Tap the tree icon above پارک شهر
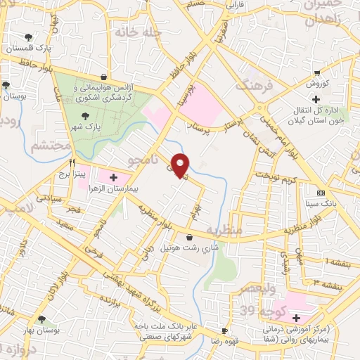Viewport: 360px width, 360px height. pyautogui.click(x=85, y=117)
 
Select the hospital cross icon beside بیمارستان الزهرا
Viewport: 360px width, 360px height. pyautogui.click(x=114, y=178)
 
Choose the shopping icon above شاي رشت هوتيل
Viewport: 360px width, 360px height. pyautogui.click(x=189, y=238)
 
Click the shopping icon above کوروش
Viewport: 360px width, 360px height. pyautogui.click(x=318, y=72)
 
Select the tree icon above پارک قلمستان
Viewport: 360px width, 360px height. pyautogui.click(x=28, y=37)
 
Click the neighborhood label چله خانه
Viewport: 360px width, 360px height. pyautogui.click(x=141, y=32)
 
